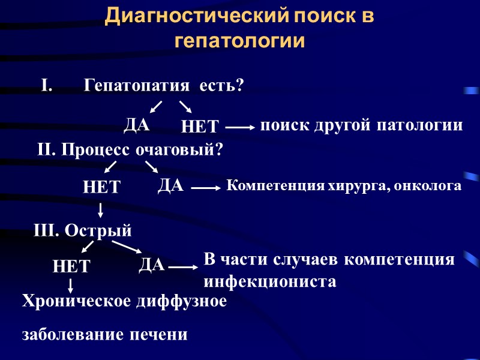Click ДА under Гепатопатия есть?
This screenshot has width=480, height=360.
[x=137, y=125]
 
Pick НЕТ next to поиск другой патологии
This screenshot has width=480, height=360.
[x=200, y=127]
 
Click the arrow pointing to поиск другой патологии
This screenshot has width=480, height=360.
[x=240, y=127]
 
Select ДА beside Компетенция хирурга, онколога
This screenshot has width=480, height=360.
[x=170, y=185]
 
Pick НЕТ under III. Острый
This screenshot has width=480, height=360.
[x=71, y=266]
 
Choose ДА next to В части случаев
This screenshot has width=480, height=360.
[x=152, y=265]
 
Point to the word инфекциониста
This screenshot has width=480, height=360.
[x=270, y=281]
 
